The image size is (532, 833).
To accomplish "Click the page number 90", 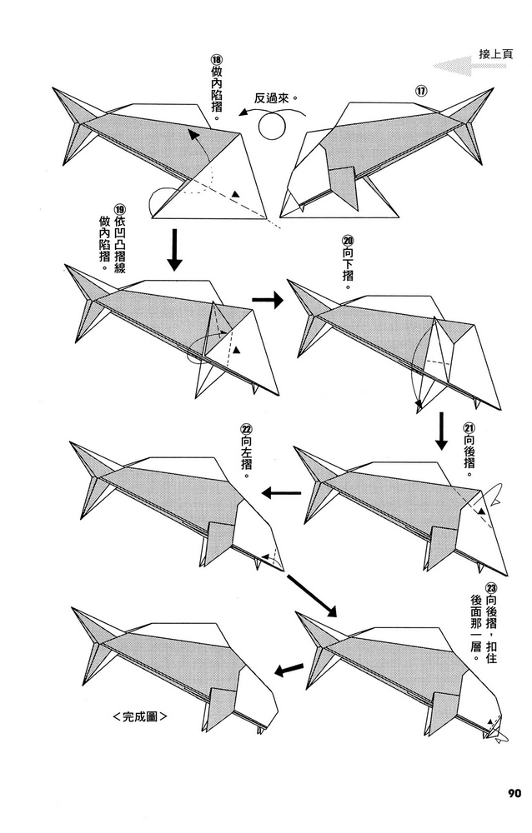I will [x=511, y=792].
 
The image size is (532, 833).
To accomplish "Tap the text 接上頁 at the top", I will [x=495, y=55].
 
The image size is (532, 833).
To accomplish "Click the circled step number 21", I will [x=468, y=427].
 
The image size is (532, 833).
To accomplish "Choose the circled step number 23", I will [x=491, y=586].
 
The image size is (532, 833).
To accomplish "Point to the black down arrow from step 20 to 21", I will [x=441, y=431].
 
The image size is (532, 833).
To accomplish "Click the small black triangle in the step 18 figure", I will [x=237, y=194].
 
